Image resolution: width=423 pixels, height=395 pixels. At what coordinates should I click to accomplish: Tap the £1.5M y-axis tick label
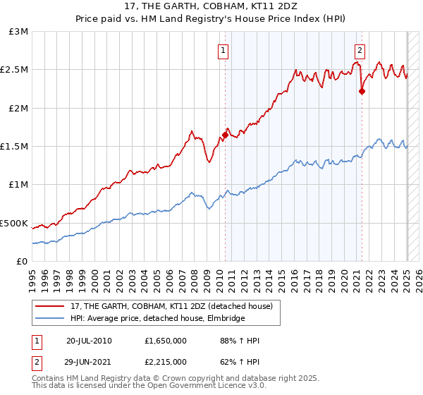point(15,147)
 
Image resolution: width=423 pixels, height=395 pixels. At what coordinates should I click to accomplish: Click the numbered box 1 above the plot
point(223,49)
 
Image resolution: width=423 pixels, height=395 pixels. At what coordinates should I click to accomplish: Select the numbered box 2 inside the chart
point(360,49)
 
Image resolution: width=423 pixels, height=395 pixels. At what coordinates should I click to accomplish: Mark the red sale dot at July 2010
point(225,135)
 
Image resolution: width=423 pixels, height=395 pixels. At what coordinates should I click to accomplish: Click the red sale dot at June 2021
point(362,91)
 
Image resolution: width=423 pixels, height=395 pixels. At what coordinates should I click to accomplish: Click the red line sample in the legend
point(50,306)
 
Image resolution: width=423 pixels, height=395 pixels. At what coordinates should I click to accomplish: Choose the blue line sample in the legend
point(50,318)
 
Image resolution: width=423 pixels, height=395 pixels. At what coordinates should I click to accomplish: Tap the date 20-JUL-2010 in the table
point(88,341)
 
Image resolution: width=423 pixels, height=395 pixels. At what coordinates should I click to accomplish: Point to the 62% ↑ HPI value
point(240,361)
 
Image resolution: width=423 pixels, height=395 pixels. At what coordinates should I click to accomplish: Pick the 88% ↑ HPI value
point(240,341)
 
